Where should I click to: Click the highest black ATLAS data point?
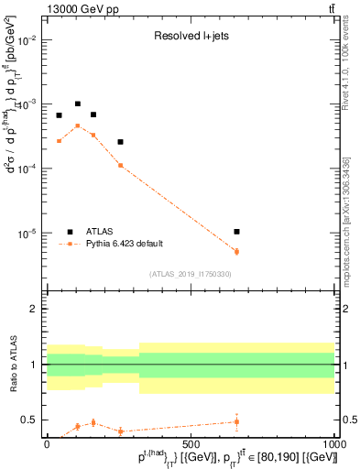(x=78, y=104)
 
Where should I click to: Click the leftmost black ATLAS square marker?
(x=59, y=115)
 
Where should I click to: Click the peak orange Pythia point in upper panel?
(x=78, y=125)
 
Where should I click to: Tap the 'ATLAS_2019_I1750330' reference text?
(x=191, y=274)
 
